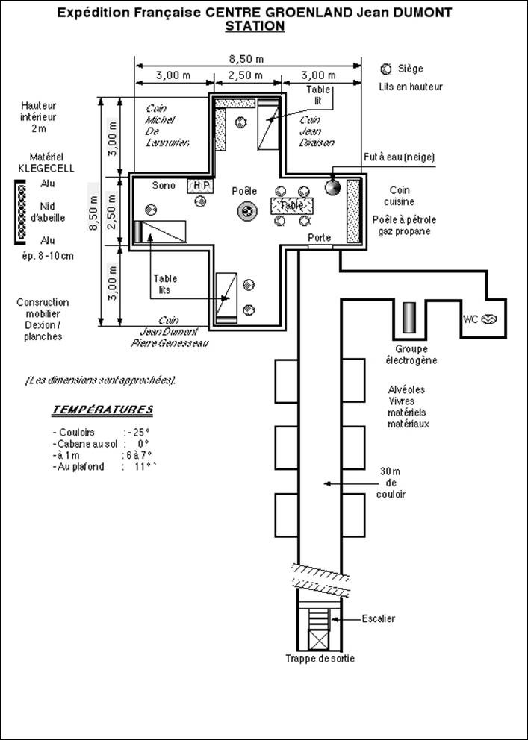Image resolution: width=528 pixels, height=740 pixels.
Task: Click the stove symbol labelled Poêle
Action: [x=247, y=210]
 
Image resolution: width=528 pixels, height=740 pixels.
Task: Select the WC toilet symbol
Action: [x=489, y=319]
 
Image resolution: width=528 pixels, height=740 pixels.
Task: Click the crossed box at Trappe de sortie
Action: [x=318, y=639]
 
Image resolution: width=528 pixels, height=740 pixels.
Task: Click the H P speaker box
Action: [x=200, y=186]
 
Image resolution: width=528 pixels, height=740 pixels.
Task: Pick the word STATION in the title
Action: [x=255, y=26]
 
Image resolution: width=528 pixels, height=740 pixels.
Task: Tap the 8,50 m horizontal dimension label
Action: [x=246, y=59]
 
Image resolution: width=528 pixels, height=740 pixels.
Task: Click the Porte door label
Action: [x=319, y=237]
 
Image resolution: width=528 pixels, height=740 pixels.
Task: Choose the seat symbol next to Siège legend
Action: [x=386, y=69]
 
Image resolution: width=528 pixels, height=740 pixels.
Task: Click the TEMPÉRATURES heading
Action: [x=102, y=410]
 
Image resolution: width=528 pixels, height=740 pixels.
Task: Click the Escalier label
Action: [x=379, y=618]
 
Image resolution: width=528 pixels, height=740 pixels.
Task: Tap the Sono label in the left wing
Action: [x=164, y=186]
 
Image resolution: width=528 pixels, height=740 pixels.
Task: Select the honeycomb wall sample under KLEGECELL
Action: [x=21, y=212]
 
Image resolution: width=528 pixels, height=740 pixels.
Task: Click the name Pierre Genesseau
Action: [x=169, y=343]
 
